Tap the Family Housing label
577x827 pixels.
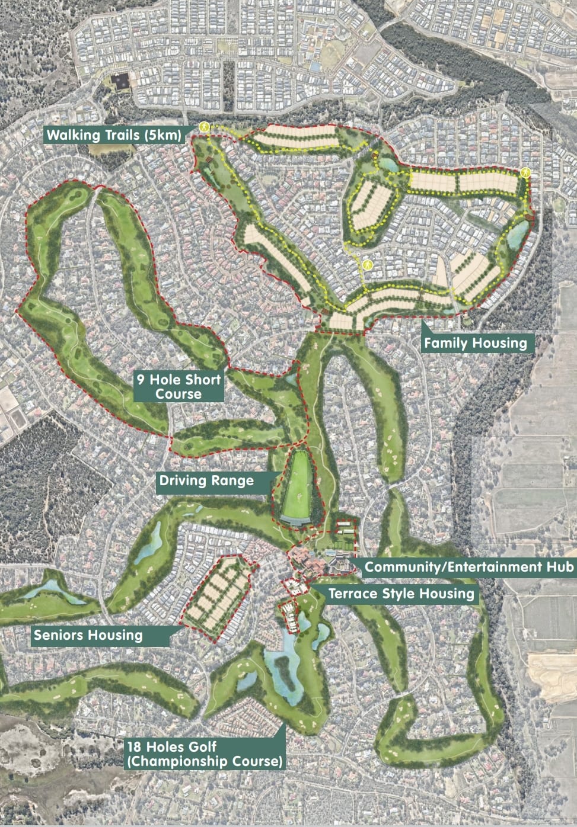pos(475,342)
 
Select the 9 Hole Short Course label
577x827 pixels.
pos(178,386)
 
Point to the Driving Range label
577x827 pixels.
pos(206,480)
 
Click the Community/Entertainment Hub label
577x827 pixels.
pos(468,567)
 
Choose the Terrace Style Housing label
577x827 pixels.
pos(401,594)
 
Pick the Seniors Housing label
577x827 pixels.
pos(88,636)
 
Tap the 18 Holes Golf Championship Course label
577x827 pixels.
pos(204,754)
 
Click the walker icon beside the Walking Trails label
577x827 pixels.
pos(203,127)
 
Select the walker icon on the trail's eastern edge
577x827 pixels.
pos(525,172)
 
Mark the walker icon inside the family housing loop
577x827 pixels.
pos(368,265)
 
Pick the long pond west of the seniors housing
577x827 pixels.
pos(148,544)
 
